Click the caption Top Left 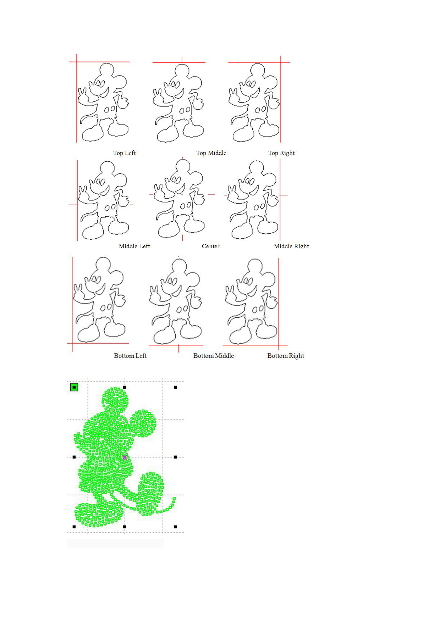point(125,153)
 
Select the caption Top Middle point(211,153)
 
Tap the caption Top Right point(281,153)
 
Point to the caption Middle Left point(134,246)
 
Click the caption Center point(210,246)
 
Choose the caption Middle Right point(291,246)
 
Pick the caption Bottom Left point(130,356)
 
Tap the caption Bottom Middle point(214,356)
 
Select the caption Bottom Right point(286,356)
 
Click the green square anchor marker point(74,387)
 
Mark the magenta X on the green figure point(125,457)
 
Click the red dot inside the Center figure point(182,195)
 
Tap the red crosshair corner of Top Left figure point(76,62)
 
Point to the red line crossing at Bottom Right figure point(279,345)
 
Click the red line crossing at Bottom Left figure point(72,343)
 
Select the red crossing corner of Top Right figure point(281,62)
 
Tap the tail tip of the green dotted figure point(174,499)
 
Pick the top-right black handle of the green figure point(175,387)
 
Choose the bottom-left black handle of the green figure point(74,527)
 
